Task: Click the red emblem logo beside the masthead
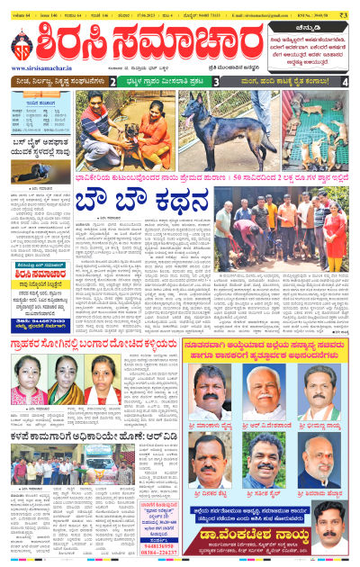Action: pos(23,46)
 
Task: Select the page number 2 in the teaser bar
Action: pos(112,82)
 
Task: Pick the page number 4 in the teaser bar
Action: pos(345,82)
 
